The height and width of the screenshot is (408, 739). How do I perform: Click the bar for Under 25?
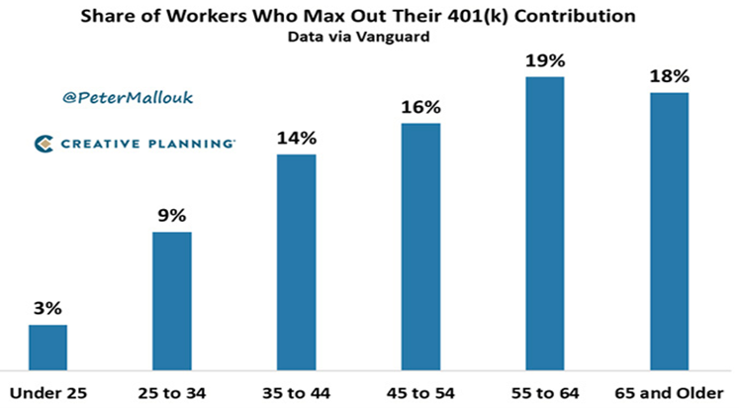47,346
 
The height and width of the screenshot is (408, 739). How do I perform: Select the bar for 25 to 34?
171,299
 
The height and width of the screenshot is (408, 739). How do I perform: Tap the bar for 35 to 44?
296,260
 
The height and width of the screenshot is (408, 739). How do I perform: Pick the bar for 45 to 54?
420,245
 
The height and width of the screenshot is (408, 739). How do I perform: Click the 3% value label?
47,309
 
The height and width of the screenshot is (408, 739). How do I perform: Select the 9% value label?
171,216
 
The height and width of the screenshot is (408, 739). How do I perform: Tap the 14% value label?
296,139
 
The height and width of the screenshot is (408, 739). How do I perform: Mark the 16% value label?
420,107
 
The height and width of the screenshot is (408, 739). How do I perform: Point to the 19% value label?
544,60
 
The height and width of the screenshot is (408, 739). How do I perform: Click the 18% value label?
668,76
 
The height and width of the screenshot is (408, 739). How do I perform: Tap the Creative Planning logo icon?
44,145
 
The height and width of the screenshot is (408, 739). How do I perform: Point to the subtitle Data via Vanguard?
369,38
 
